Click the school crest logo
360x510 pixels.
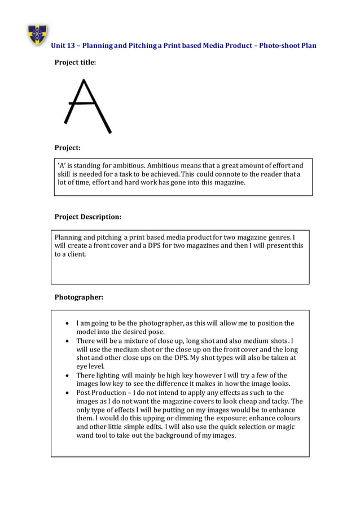coord(38,35)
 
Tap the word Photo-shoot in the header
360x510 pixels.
coord(280,46)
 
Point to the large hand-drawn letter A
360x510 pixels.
coord(87,107)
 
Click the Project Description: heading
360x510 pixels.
coord(87,217)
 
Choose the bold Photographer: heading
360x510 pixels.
coord(78,297)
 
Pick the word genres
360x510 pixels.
coord(279,237)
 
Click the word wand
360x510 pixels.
coord(86,436)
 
